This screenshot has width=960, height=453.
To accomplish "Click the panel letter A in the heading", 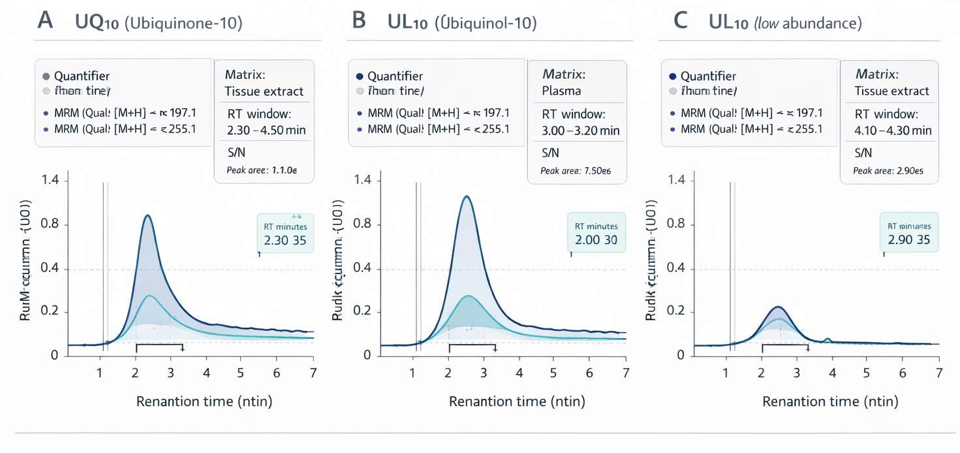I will click(45, 22).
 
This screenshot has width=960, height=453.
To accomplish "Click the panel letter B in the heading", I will click(358, 22).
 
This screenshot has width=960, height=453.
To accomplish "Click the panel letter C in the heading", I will click(680, 22).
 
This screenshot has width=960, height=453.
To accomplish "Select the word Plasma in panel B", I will click(561, 91).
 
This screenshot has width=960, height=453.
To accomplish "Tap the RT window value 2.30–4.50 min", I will click(266, 130).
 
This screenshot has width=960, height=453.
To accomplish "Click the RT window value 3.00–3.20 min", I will click(580, 131).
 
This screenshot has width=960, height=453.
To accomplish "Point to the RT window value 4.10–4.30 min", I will click(893, 131).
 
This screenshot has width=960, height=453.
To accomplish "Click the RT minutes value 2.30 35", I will click(285, 240).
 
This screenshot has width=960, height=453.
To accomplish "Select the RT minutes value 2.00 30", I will click(596, 240).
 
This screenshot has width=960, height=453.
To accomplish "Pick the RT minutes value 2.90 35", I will click(908, 240).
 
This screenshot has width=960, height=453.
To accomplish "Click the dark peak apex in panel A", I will click(147, 215).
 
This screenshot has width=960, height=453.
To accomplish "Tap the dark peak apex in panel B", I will click(466, 196).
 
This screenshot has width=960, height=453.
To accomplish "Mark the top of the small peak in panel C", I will click(777, 307).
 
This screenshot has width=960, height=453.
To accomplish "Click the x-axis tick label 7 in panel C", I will click(938, 373).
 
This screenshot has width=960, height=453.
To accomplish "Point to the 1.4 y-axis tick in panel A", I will click(50, 180).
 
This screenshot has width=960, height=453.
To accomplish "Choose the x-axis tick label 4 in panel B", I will click(519, 373).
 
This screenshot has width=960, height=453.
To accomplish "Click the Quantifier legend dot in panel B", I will click(359, 76).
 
